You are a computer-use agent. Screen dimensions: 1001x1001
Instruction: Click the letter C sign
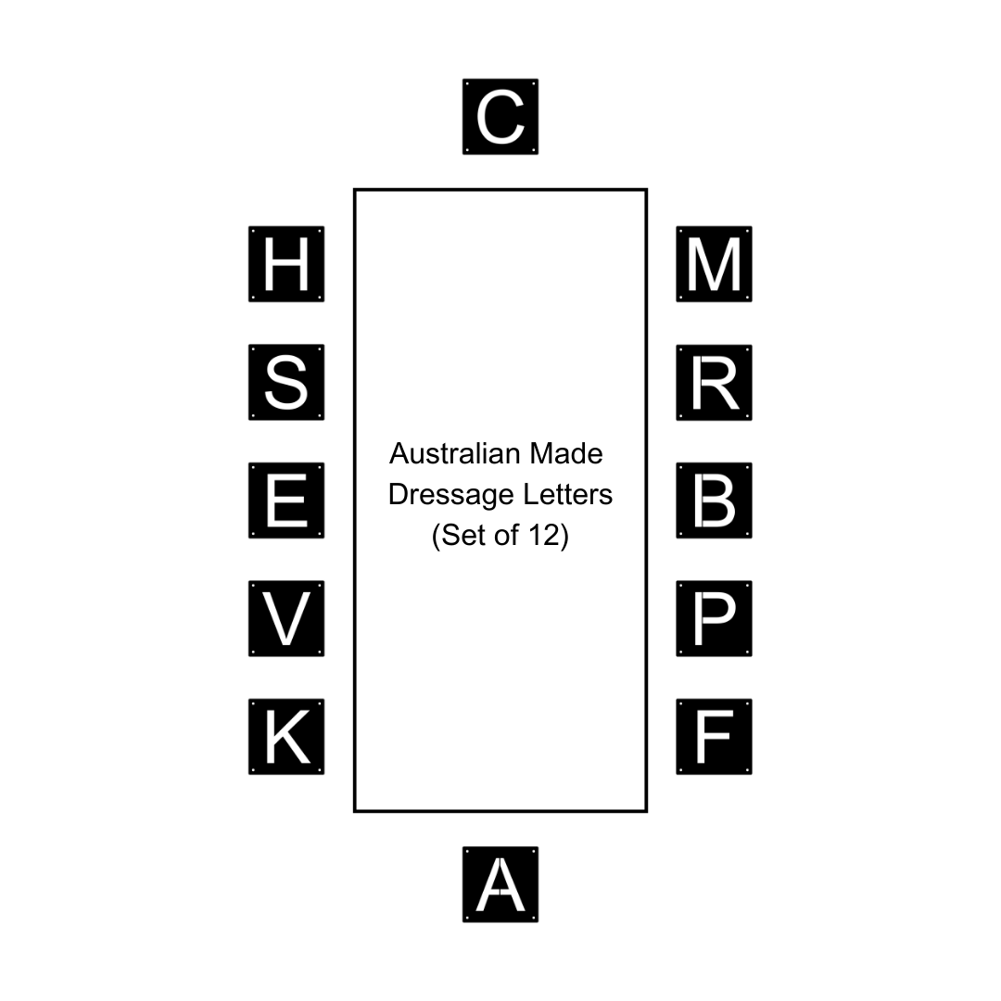500,117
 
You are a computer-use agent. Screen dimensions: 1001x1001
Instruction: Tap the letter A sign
500,884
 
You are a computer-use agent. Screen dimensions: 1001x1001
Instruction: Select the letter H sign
286,264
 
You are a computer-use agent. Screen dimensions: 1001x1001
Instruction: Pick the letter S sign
286,383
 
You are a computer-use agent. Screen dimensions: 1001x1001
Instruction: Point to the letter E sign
286,500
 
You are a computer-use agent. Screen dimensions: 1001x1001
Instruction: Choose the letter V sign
286,619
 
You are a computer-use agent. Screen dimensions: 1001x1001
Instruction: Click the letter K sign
286,737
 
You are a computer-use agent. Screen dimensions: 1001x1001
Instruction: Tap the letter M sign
714,264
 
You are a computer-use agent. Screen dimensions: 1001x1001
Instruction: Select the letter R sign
714,383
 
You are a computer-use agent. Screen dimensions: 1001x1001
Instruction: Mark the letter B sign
714,500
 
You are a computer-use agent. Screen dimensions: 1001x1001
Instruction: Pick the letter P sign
714,619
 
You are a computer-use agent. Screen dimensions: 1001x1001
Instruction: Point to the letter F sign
714,737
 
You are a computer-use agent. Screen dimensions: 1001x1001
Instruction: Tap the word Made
566,454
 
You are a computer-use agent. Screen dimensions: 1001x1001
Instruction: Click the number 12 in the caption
545,536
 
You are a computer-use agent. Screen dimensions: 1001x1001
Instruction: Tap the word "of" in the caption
504,536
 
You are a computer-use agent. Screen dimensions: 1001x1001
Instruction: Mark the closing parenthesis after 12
564,537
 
